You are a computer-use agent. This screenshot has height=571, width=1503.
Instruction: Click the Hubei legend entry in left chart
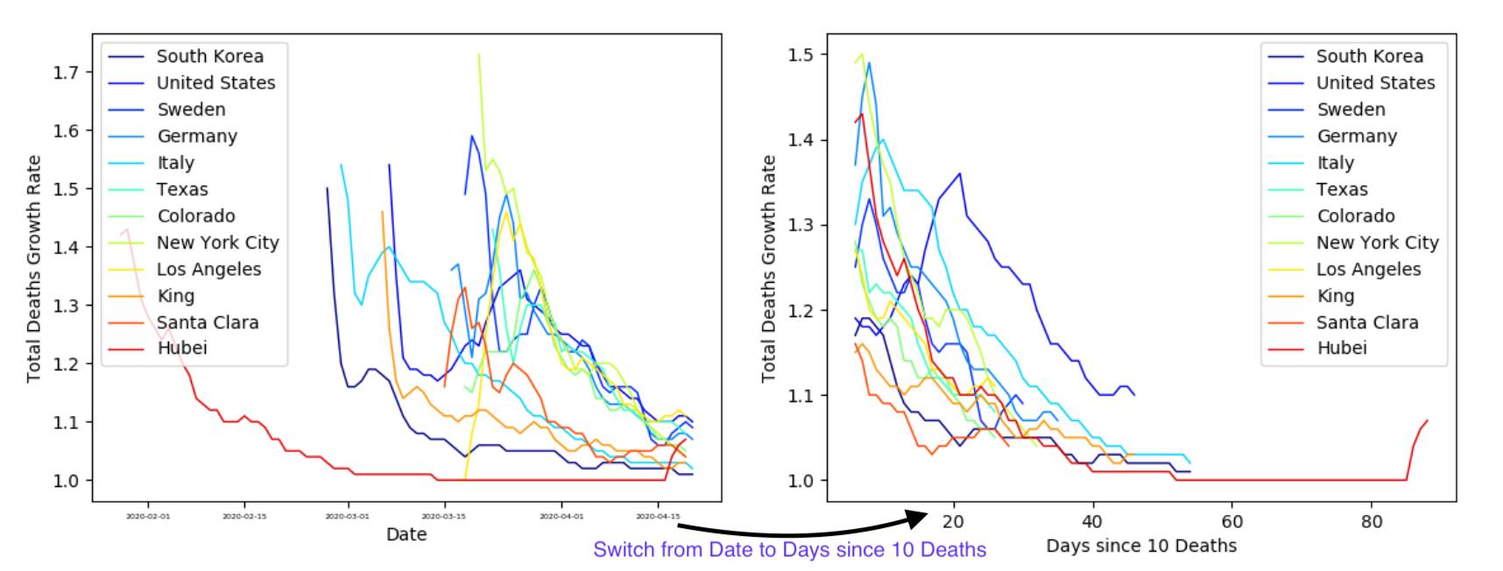tap(181, 349)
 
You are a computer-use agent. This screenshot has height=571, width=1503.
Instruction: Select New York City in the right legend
tap(1377, 243)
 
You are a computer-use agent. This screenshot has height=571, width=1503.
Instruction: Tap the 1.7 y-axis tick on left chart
tap(66, 73)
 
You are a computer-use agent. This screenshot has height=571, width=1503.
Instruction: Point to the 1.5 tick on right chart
tap(801, 55)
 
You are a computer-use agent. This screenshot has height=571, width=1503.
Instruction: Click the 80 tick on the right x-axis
tap(1371, 522)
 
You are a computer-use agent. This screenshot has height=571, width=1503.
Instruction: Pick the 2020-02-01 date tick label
tap(148, 517)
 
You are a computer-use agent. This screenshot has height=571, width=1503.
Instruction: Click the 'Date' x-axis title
tap(406, 534)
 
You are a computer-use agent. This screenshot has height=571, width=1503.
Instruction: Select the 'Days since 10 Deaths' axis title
tap(1140, 546)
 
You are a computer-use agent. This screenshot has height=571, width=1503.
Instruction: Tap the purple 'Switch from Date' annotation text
tap(789, 550)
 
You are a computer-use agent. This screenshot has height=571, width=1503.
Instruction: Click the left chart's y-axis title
tap(34, 269)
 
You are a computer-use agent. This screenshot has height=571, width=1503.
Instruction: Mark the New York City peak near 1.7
tap(478, 55)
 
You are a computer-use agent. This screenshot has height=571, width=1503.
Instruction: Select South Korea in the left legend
tap(209, 56)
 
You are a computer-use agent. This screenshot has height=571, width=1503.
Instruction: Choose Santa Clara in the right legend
tap(1366, 322)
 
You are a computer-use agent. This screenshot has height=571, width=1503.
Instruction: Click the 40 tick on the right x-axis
tap(1092, 522)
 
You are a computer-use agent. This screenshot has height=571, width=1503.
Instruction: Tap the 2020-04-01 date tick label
tap(561, 517)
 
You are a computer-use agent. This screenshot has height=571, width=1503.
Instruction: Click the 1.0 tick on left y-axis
tap(66, 481)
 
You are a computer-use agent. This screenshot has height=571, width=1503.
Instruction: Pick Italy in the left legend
tap(175, 163)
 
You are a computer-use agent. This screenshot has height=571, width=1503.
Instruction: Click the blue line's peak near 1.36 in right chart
tap(960, 173)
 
